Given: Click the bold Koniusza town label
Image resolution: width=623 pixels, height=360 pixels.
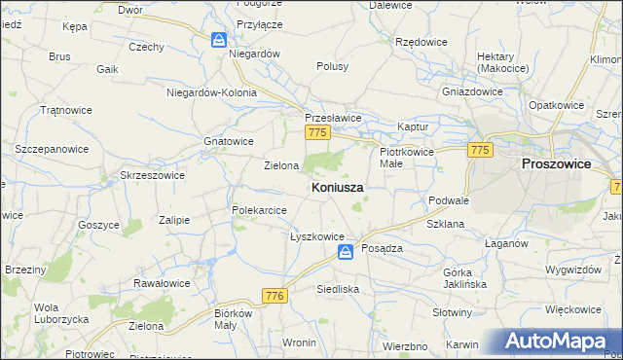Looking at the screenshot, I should pyautogui.click(x=338, y=186).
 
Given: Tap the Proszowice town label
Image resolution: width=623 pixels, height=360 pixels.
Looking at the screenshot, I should pyautogui.click(x=556, y=164).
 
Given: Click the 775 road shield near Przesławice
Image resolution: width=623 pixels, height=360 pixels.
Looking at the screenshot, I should pyautogui.click(x=314, y=132).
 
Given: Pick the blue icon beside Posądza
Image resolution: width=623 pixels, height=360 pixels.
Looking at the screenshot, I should pyautogui.click(x=346, y=252).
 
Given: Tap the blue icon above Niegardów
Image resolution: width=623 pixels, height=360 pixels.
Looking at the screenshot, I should pyautogui.click(x=220, y=40).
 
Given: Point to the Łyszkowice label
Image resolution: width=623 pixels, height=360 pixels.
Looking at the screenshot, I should pyautogui.click(x=317, y=236).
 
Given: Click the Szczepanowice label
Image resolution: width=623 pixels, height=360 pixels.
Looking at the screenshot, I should pyautogui.click(x=52, y=149).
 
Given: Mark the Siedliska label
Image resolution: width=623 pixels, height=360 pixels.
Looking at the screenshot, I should pyautogui.click(x=339, y=289).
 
